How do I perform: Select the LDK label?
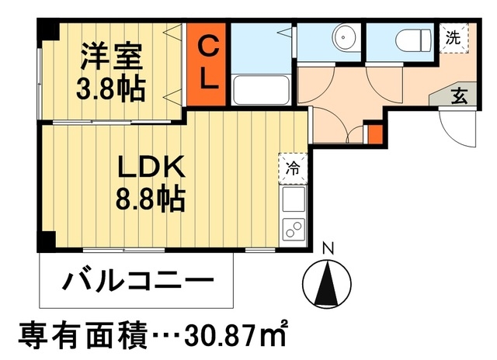coord(151,167)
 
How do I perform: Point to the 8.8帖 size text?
coord(151,199)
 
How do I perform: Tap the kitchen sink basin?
coord(295,201)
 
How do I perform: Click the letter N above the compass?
coord(328,250)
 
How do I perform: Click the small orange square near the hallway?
coord(374,133)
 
